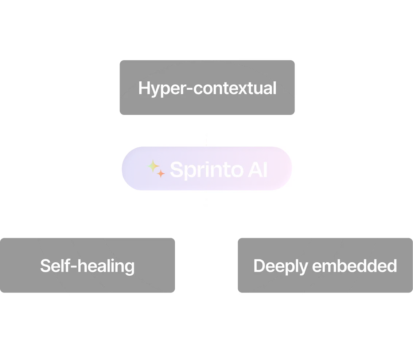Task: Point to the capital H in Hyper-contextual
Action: pyautogui.click(x=143, y=88)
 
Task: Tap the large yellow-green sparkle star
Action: pyautogui.click(x=153, y=167)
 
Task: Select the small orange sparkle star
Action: pyautogui.click(x=161, y=174)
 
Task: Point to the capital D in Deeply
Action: pyautogui.click(x=259, y=266)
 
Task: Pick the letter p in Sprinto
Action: pyautogui.click(x=189, y=172)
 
